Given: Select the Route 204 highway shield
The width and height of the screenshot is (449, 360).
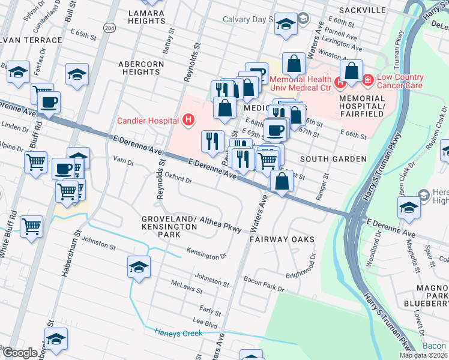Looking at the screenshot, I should point(109,28).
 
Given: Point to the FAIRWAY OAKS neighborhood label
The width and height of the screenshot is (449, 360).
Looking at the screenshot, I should point(282,239).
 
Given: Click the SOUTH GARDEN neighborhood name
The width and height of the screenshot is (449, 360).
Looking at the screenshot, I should point(333,159).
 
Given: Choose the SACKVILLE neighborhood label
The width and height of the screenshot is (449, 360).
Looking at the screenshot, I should point(361,10).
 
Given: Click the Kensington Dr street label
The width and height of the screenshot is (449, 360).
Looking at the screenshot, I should point(206,254).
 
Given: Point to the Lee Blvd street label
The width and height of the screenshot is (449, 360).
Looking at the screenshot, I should point(204,322).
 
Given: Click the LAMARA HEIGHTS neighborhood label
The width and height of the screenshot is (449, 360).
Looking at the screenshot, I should point(147,16).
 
